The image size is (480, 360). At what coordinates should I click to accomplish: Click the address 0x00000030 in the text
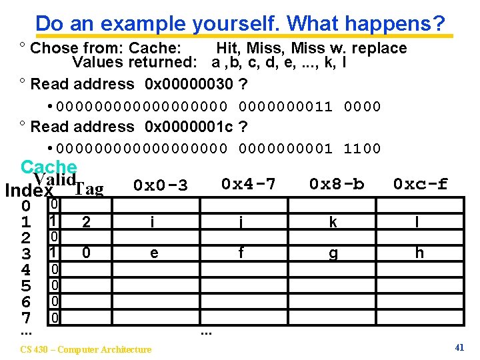[x=189, y=84]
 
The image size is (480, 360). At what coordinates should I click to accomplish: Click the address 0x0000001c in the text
[x=189, y=127]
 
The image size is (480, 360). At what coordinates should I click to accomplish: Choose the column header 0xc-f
[x=420, y=183]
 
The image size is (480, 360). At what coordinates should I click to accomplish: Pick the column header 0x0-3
[x=160, y=185]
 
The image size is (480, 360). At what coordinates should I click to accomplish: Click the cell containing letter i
[x=152, y=223]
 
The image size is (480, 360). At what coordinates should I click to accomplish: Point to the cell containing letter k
[x=333, y=223]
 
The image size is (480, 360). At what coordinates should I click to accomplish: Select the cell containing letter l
[x=417, y=223]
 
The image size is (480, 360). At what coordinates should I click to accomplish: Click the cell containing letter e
[x=154, y=253]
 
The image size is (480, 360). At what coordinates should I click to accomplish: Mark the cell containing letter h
[x=419, y=253]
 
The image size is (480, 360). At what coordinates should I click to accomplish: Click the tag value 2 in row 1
[x=85, y=223]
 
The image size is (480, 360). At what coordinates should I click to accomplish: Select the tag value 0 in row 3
[x=85, y=253]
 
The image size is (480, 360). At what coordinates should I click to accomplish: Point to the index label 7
[x=25, y=318]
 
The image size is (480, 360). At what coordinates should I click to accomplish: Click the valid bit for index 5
[x=56, y=285]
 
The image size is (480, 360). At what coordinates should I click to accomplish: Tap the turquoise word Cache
[x=49, y=167]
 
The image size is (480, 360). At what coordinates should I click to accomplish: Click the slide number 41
[x=459, y=347]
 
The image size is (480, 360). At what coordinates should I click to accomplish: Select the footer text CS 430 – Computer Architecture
[x=86, y=349]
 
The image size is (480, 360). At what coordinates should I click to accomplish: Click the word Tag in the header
[x=89, y=190]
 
